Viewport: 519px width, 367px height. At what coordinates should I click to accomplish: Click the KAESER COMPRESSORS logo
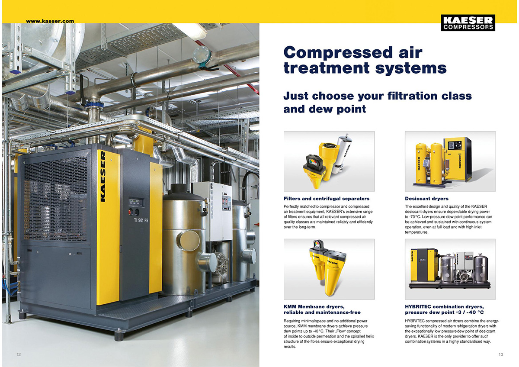click(x=468, y=23)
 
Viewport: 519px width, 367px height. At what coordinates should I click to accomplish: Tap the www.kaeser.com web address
click(x=50, y=21)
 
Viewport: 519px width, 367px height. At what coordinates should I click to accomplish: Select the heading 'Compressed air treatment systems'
click(x=365, y=60)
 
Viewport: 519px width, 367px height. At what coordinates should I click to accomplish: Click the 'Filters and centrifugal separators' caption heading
click(x=327, y=199)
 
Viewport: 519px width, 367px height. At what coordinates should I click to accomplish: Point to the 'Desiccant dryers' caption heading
click(x=426, y=199)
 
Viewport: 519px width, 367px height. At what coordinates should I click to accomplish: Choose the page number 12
click(x=19, y=354)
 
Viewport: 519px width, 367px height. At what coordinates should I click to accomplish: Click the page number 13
click(x=501, y=354)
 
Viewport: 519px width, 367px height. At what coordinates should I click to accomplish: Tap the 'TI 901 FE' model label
click(x=141, y=220)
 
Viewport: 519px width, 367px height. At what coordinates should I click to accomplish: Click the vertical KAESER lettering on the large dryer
click(x=103, y=177)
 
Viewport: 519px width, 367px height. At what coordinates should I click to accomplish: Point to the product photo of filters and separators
click(x=329, y=161)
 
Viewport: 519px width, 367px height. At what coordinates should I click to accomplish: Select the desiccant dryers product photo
click(x=450, y=161)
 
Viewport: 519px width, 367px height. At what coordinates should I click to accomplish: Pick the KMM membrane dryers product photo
click(x=329, y=269)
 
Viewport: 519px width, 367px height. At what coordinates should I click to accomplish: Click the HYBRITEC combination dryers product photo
click(x=450, y=269)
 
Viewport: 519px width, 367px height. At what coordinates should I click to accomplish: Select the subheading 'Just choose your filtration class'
click(x=378, y=96)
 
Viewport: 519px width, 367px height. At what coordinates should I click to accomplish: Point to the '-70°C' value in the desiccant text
click(x=414, y=217)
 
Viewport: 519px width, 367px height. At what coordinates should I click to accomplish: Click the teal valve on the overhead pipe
click(x=202, y=57)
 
